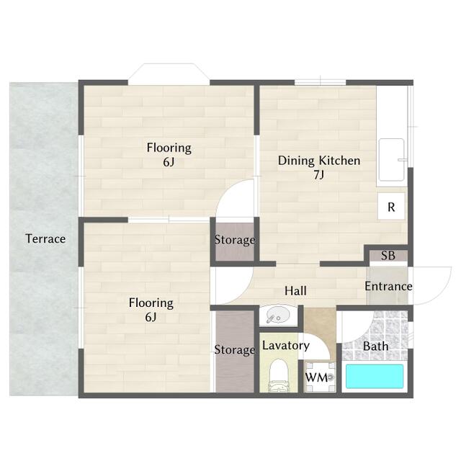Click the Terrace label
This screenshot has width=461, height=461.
(45, 238)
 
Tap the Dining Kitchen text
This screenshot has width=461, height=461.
(319, 161)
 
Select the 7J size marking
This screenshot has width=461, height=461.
(318, 175)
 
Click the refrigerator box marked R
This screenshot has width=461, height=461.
(391, 206)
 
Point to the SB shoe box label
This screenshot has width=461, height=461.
(388, 256)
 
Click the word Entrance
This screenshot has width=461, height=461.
(388, 286)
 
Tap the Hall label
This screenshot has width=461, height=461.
(295, 291)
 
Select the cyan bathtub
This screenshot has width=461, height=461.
(375, 376)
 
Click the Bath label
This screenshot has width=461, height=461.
(376, 346)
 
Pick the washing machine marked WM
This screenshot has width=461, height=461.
(320, 377)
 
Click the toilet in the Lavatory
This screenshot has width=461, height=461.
(279, 376)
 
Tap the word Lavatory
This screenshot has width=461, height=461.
(286, 346)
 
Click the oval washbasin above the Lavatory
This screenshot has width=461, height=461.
(278, 315)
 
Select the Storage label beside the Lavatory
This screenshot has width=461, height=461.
(235, 350)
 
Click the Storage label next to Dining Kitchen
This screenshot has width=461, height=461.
(235, 240)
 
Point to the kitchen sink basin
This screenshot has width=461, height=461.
(392, 160)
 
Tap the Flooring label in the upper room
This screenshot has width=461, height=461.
(169, 148)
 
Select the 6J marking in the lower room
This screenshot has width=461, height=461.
(151, 317)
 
